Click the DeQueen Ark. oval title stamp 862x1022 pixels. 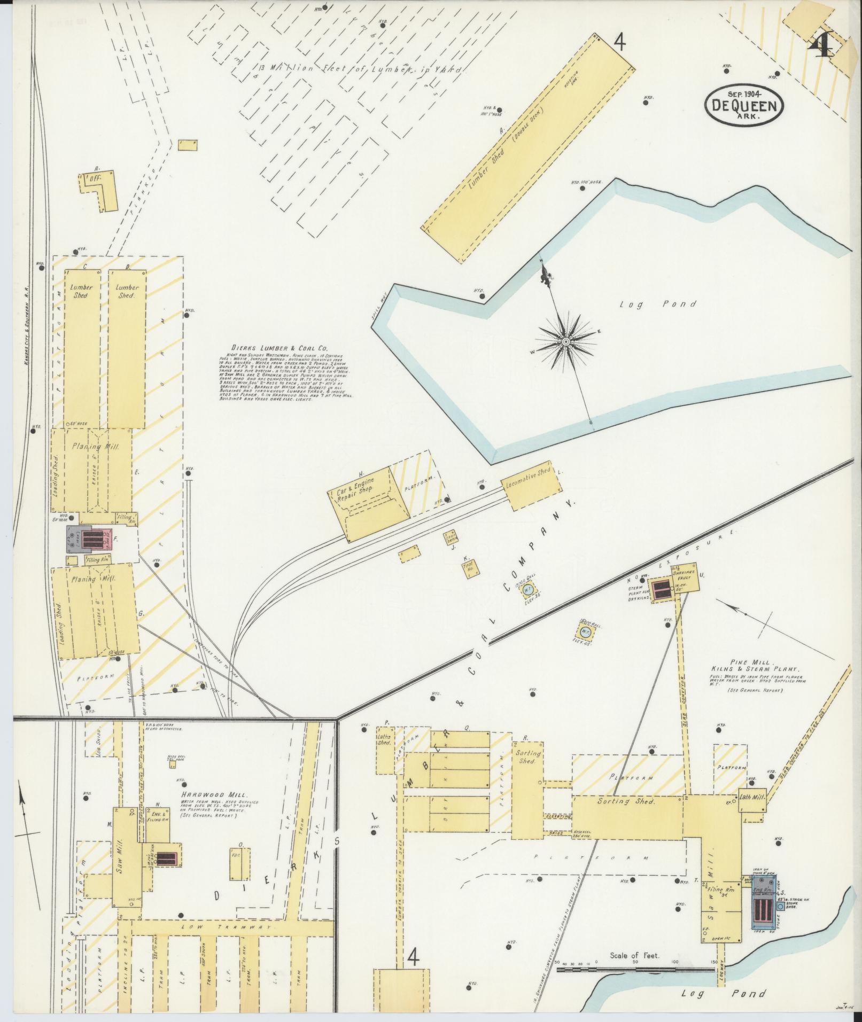pyautogui.click(x=744, y=105)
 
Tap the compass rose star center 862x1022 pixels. pyautogui.click(x=565, y=341)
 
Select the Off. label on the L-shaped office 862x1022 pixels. pyautogui.click(x=96, y=180)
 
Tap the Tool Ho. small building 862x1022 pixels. pyautogui.click(x=470, y=569)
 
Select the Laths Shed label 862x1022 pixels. pyautogui.click(x=384, y=739)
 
